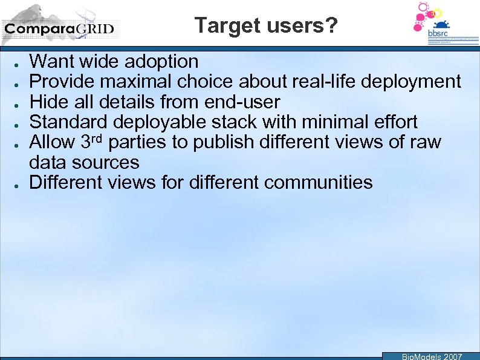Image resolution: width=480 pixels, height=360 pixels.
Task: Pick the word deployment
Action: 418,81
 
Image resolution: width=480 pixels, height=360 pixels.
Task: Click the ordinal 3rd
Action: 92,142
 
